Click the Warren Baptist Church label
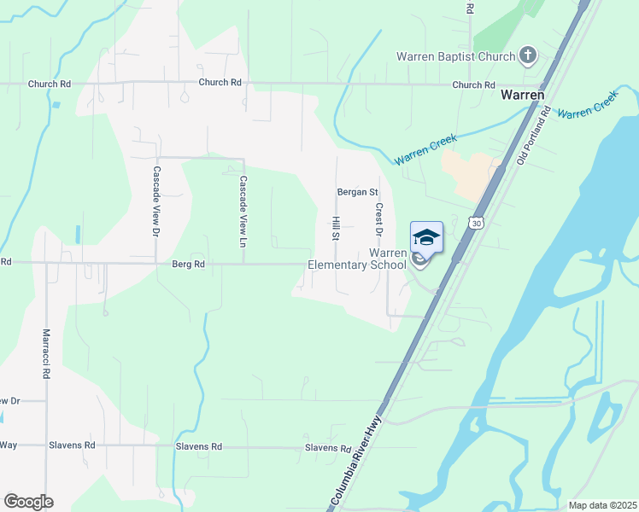point(455,57)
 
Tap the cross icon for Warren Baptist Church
point(528,56)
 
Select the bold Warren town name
point(523,96)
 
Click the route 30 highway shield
point(476,223)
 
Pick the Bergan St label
point(357,192)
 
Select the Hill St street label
point(336,229)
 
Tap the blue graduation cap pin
point(426,236)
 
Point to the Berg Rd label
point(188,265)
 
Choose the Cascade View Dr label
point(156,201)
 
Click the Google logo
point(28,502)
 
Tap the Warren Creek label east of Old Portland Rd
point(588,108)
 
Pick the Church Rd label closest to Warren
point(473,85)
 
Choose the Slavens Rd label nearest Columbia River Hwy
point(328,448)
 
